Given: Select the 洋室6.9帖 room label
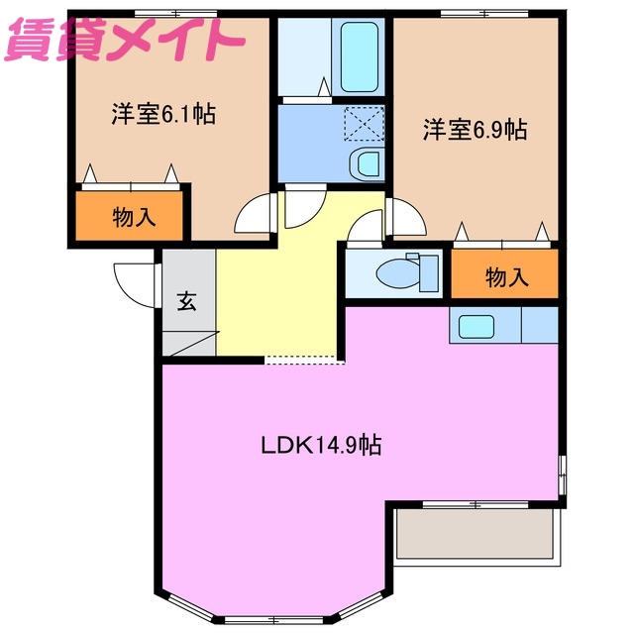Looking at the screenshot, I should coord(475,130).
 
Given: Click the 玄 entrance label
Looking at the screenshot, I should coord(186,301).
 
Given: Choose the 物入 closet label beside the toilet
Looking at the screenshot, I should coord(505,276).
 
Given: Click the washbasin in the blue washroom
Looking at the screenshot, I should coord(365,163).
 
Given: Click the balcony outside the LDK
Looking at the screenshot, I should coord(473,534).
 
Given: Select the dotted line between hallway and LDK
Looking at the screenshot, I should coord(304,360).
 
